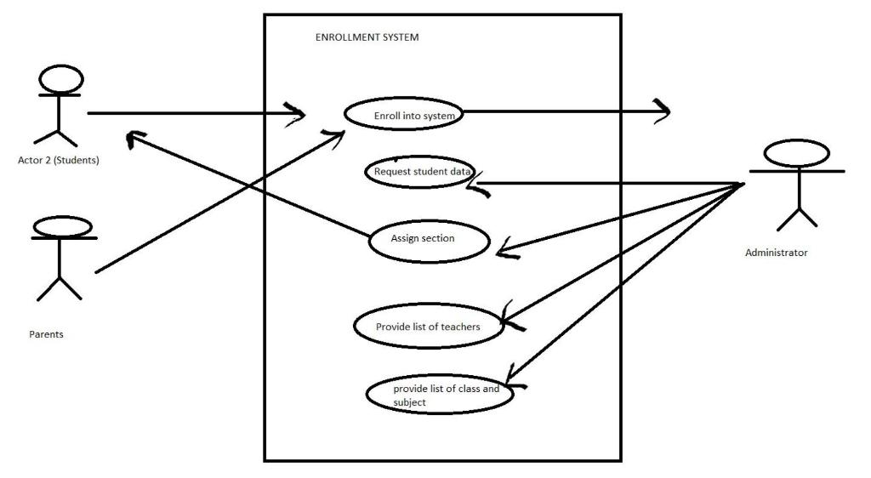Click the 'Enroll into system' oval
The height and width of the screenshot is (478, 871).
(404, 116)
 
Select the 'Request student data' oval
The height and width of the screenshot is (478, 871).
(421, 172)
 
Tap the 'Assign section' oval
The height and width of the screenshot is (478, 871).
(429, 240)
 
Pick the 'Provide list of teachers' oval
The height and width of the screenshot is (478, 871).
(429, 327)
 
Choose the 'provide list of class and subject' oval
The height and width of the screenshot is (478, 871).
(441, 395)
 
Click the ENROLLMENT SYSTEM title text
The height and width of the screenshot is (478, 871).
(367, 37)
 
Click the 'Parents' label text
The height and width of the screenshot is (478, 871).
(46, 334)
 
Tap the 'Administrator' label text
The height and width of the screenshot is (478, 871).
(776, 253)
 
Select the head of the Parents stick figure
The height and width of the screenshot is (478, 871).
(61, 226)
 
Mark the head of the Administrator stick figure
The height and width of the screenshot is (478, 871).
(796, 154)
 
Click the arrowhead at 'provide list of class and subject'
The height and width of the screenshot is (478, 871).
(514, 378)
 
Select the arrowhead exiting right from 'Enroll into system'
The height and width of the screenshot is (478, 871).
(662, 111)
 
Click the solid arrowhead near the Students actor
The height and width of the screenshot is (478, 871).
(132, 139)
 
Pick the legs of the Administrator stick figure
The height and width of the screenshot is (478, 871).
(797, 218)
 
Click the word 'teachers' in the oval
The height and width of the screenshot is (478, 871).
(460, 327)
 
